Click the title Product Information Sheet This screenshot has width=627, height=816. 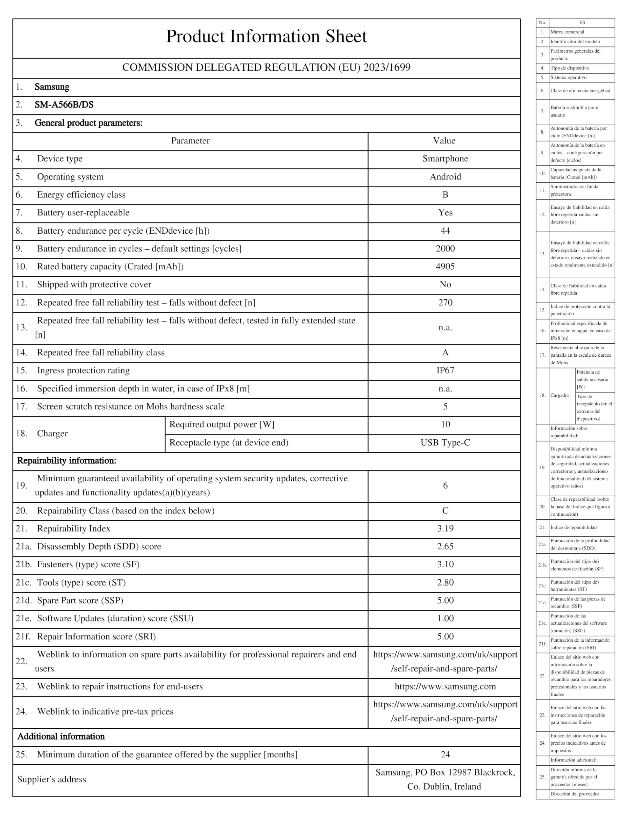(x=266, y=37)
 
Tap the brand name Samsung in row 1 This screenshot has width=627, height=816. (x=52, y=87)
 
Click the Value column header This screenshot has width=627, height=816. (x=444, y=141)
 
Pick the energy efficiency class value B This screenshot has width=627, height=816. (x=445, y=195)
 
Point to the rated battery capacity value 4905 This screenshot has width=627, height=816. (x=445, y=267)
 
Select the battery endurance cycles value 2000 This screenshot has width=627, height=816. (x=445, y=249)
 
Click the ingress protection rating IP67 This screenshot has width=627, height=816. (x=445, y=371)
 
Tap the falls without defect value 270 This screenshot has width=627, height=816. (x=445, y=302)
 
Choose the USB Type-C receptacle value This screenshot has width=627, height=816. (x=445, y=443)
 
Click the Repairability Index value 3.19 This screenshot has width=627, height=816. (x=445, y=529)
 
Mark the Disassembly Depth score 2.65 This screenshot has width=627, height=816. (x=445, y=547)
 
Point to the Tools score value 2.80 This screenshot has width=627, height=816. (x=445, y=583)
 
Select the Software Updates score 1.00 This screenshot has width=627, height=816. (x=445, y=619)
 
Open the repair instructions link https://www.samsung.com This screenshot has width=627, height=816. (x=445, y=687)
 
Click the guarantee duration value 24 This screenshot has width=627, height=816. (x=445, y=755)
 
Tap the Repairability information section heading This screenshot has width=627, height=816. (x=67, y=461)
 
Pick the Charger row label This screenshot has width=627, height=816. (x=52, y=434)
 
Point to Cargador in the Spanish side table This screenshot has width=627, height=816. (x=559, y=396)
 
